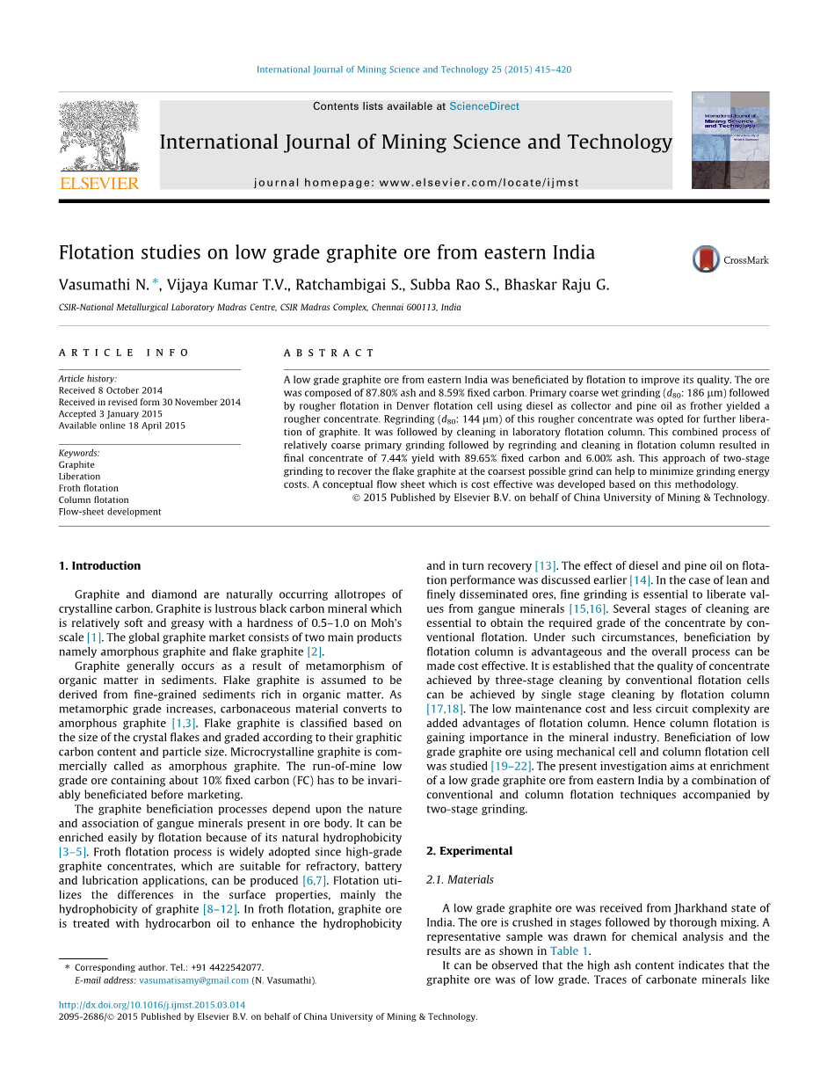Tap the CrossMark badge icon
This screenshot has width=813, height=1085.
[706, 259]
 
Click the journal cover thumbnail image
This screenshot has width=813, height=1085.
[730, 140]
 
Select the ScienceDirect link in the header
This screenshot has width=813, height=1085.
[483, 106]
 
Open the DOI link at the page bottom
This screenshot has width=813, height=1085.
[152, 1004]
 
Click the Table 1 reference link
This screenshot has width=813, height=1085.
[564, 950]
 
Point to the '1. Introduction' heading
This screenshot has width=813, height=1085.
[99, 565]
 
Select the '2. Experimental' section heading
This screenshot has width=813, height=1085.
[469, 850]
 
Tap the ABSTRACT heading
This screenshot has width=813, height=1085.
[329, 353]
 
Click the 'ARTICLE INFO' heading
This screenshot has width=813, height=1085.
[124, 353]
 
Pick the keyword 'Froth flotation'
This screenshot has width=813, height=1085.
[88, 488]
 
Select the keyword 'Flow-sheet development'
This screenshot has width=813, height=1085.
[110, 512]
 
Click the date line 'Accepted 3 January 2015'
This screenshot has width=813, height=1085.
[110, 413]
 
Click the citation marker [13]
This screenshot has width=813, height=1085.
[545, 565]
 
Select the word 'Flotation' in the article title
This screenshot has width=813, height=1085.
[98, 253]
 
